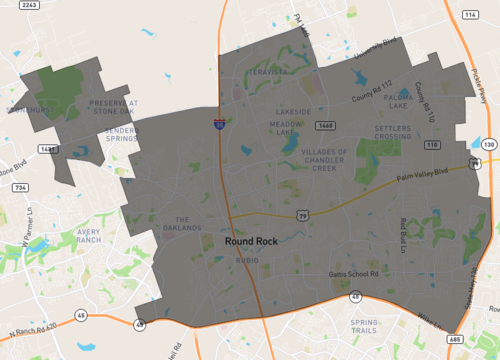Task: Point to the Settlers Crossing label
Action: click(x=372, y=133)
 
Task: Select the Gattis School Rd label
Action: click(x=355, y=273)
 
